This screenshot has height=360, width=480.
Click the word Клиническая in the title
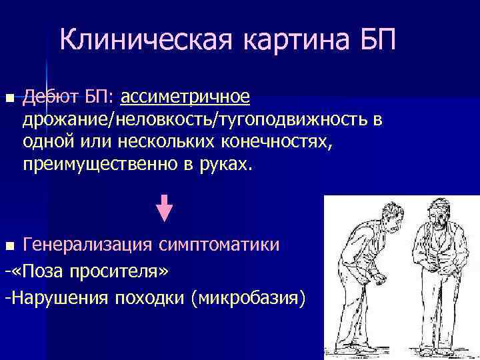(x=147, y=41)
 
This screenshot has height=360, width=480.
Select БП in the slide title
(x=376, y=41)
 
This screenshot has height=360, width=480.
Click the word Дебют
(x=50, y=98)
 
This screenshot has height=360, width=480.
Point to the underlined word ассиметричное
(x=185, y=98)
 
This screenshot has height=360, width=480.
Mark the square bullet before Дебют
(x=8, y=99)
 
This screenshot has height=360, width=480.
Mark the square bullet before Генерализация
(x=8, y=246)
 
